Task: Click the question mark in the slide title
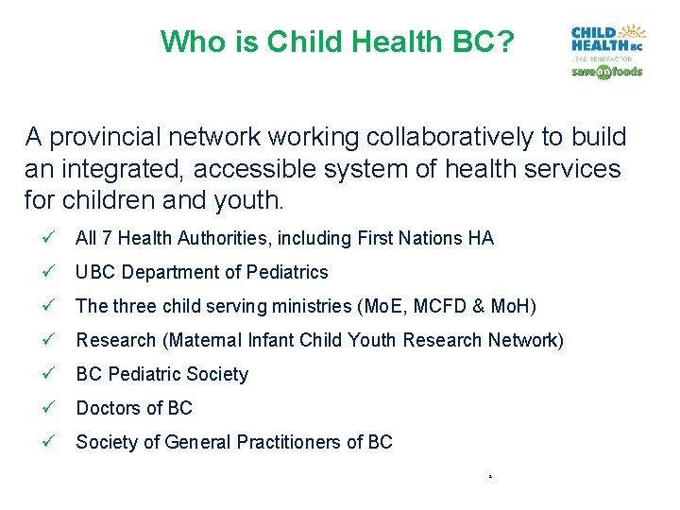tap(506, 42)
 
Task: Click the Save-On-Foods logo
tap(606, 72)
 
